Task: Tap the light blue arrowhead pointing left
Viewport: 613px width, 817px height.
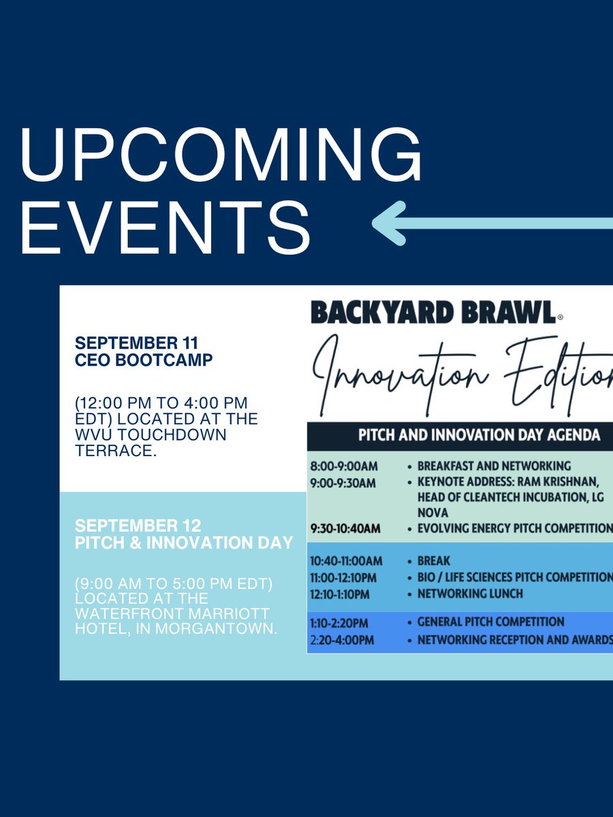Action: pyautogui.click(x=392, y=223)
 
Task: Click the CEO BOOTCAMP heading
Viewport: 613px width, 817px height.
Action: pyautogui.click(x=144, y=359)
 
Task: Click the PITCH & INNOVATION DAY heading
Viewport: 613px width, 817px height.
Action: pyautogui.click(x=184, y=543)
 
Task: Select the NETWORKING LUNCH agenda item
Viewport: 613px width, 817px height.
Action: pyautogui.click(x=470, y=594)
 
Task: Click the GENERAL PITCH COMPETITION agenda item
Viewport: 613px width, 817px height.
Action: pyautogui.click(x=490, y=622)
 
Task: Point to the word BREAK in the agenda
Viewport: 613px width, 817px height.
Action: pyautogui.click(x=433, y=561)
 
